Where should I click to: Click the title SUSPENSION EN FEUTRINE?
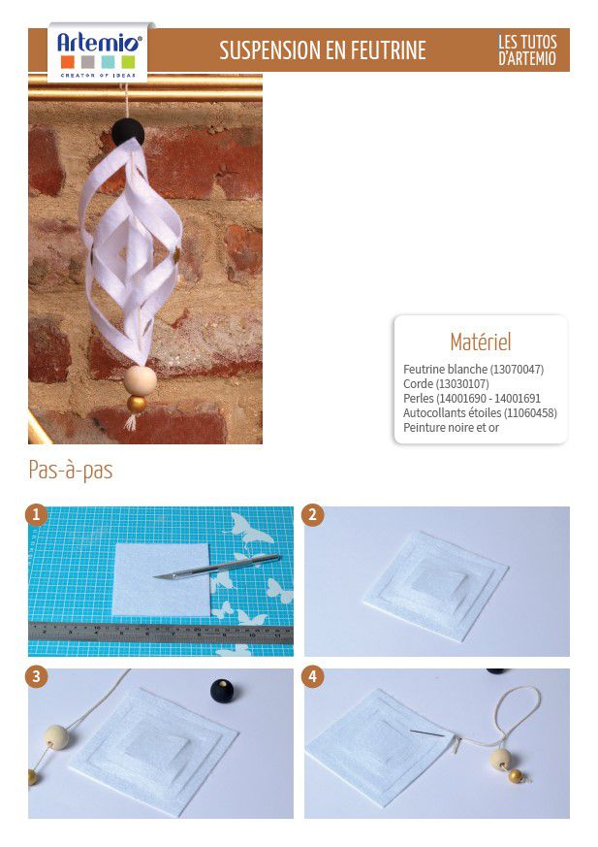tap(323, 50)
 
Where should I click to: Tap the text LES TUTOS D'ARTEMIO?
tap(526, 49)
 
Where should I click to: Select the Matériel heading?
tap(481, 342)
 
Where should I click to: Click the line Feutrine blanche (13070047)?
tap(473, 370)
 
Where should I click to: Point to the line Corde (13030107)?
tap(446, 384)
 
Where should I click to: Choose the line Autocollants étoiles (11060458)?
tap(480, 413)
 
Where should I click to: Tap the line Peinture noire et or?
tap(451, 428)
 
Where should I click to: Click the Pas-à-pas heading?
tap(71, 470)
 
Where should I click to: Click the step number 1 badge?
tap(36, 515)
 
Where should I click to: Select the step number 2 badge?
tap(312, 515)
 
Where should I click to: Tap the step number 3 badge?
tap(36, 677)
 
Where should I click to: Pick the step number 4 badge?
tap(312, 677)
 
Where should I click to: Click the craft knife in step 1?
tap(217, 568)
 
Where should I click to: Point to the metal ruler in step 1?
tap(161, 634)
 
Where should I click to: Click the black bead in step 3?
tap(222, 692)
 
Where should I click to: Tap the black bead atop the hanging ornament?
tap(128, 132)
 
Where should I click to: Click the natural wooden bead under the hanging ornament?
tap(141, 380)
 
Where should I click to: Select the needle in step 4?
tap(426, 733)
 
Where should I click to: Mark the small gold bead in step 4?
tap(516, 776)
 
